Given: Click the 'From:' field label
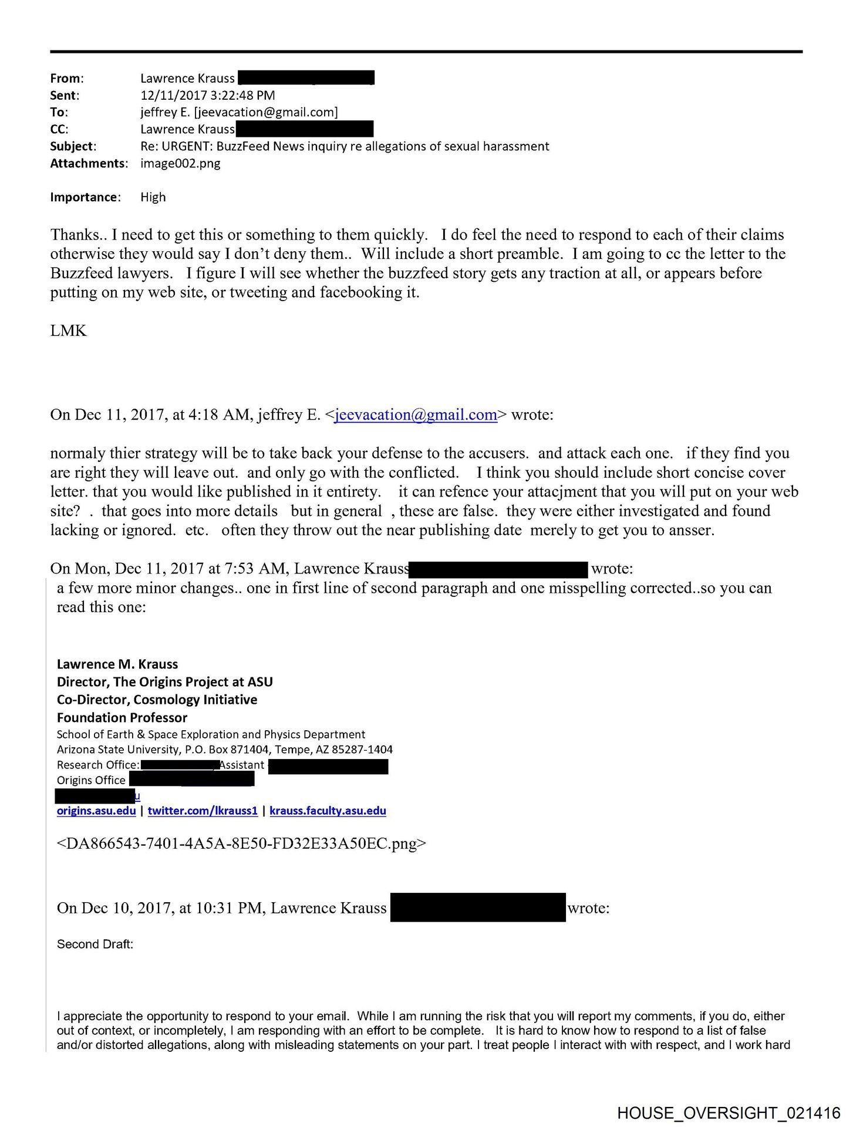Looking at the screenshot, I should pos(67,78).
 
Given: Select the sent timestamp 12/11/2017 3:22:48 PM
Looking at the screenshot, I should pos(207,95).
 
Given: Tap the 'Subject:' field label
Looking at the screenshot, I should pos(73,146).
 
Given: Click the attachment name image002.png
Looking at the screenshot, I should pos(180,163).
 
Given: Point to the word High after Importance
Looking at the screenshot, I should pos(153,197).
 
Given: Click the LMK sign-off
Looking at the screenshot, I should pos(69,331).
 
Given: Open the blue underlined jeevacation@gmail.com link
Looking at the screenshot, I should pos(416,415).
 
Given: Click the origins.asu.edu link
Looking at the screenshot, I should pos(96,811).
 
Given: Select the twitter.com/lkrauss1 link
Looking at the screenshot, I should pos(203,811).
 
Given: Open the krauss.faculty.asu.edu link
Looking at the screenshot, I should pos(328,811).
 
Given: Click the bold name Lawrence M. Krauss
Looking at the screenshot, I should pos(117,664).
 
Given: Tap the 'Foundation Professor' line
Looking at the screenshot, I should pos(122,717).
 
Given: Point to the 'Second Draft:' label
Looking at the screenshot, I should pos(95,944).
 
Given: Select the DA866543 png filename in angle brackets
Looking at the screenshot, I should pos(242,844).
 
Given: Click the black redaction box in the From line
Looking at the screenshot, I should pos(306,78).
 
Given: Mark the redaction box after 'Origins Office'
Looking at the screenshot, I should pos(191,780).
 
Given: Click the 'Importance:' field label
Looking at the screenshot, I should pos(85,197).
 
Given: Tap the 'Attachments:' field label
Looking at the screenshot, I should pos(89,163).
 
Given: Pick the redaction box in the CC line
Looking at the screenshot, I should pos(304,129).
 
